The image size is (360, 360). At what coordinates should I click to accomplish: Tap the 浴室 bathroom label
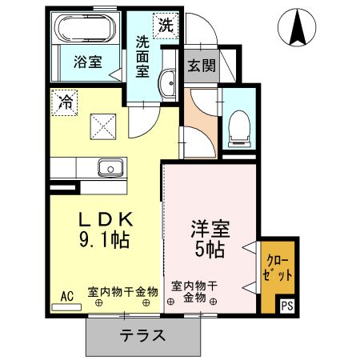88,62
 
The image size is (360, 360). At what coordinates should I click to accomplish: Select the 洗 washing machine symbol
165,25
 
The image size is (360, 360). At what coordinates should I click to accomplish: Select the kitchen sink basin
108,167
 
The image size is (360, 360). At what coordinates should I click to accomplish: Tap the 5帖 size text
210,249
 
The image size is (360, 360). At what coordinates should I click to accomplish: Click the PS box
286,305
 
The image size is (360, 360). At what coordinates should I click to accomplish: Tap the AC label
67,295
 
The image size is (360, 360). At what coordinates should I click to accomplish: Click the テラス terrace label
142,334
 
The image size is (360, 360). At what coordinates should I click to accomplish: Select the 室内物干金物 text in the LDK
122,293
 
